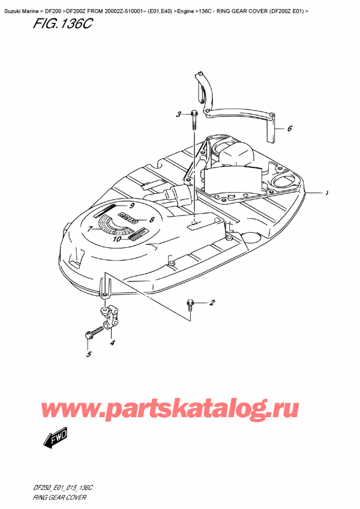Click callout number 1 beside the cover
[326, 193]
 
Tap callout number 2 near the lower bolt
[212, 303]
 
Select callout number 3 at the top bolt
[178, 115]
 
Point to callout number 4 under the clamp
[112, 343]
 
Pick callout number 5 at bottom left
[88, 355]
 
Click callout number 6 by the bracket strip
[290, 128]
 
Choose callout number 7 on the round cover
[90, 229]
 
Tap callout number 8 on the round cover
[152, 220]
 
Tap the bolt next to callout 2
[190, 304]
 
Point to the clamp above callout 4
[108, 318]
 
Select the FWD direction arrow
[56, 438]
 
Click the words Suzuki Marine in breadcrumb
[23, 5]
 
